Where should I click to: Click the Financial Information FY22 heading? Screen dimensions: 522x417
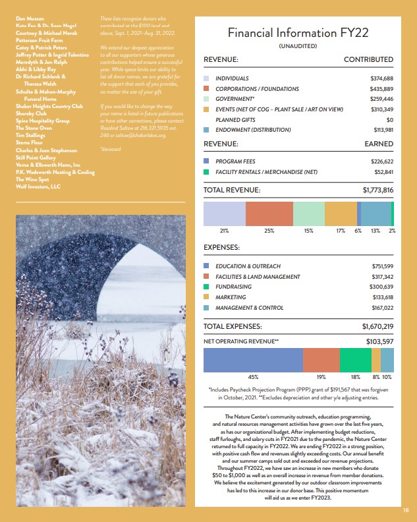click(298, 32)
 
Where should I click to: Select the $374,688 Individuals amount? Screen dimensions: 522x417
click(382, 78)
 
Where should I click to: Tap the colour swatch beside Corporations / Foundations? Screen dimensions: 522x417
click(206, 88)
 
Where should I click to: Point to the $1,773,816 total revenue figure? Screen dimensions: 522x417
click(377, 190)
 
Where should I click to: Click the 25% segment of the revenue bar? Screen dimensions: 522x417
click(269, 214)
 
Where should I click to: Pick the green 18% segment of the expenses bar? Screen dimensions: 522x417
click(356, 361)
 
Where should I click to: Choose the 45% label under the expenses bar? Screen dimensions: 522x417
click(252, 377)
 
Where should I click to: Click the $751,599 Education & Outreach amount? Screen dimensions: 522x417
click(382, 266)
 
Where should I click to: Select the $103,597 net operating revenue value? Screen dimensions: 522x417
click(379, 341)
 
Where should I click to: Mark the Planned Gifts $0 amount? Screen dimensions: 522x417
click(389, 119)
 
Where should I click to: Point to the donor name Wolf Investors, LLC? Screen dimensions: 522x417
click(38, 187)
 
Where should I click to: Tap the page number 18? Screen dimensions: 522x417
click(406, 510)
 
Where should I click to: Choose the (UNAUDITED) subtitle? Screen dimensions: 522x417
click(298, 46)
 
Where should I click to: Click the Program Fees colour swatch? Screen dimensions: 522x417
click(206, 161)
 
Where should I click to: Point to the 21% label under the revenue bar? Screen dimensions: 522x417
click(224, 231)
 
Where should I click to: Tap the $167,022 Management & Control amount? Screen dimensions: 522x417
click(382, 308)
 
